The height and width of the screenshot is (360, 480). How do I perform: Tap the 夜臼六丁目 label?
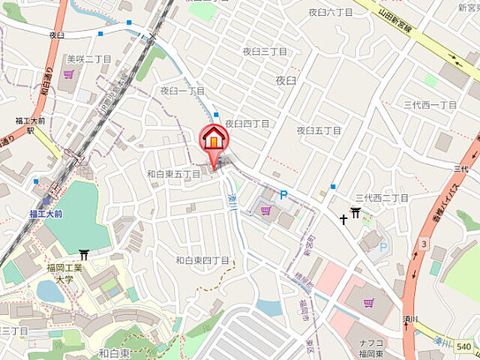point(330,12)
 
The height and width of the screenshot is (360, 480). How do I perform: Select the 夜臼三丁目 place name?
point(264,51)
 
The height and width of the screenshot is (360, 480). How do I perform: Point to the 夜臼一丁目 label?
point(182,90)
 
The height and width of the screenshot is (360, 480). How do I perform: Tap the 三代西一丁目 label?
point(430,105)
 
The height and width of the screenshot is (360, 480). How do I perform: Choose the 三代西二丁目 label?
point(382,197)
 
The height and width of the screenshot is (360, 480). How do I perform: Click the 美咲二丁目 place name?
point(88,58)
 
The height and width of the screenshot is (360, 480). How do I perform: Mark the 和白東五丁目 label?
point(173,174)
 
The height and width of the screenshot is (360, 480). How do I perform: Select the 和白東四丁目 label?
point(202,260)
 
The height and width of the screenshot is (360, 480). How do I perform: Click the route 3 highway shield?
point(424,244)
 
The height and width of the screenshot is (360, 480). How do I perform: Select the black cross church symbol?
point(343,219)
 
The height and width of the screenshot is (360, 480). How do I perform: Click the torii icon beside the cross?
point(356,214)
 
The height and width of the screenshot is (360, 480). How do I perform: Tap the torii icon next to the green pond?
point(84,256)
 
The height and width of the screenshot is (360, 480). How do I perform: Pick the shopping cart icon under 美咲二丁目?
point(69,73)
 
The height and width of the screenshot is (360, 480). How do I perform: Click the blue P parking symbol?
point(283,195)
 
